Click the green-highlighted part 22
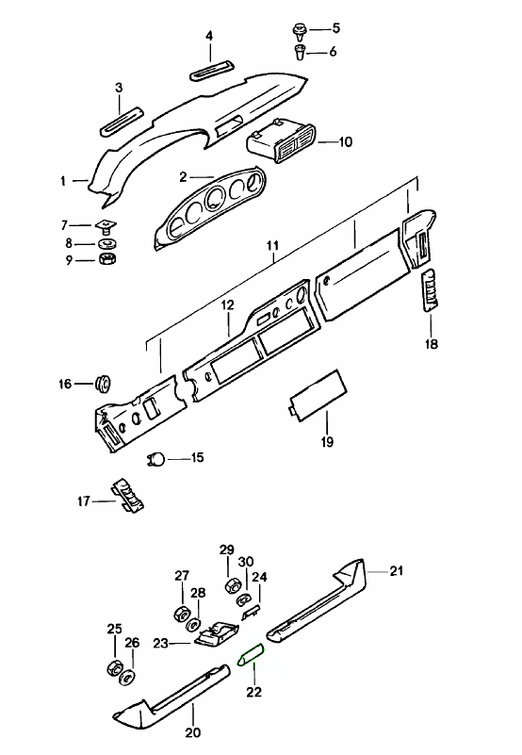coord(251,654)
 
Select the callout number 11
coord(273,246)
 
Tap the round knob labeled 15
coord(157,459)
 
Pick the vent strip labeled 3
coord(122,119)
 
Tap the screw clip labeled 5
coord(300,31)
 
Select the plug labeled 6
coord(300,51)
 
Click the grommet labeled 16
coord(103,383)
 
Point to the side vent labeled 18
coord(430,290)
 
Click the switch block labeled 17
coord(128,495)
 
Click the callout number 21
coord(396,571)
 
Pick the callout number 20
coord(192,732)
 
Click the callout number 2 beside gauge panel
coord(183,177)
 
